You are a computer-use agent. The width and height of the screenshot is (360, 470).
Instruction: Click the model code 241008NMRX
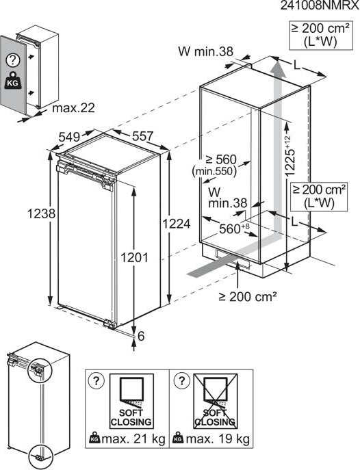320,5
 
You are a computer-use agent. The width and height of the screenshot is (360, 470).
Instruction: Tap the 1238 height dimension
41,213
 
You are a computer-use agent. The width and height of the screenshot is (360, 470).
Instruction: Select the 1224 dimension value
177,224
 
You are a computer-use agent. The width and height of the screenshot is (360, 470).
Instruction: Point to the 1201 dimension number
134,257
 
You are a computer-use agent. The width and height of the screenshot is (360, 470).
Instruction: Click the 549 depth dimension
69,137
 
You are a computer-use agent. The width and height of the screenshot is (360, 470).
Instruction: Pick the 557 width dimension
142,136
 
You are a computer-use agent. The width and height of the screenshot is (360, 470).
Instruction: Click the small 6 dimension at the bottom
141,336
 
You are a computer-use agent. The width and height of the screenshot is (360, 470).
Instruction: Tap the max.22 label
73,108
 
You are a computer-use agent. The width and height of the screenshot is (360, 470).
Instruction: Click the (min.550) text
214,172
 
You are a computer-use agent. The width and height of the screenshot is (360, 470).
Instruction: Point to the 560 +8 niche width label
234,229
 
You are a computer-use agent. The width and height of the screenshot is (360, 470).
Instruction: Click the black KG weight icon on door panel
12,81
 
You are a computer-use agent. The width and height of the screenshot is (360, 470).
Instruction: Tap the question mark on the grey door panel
13,61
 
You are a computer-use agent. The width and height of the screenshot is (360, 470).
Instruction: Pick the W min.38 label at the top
205,51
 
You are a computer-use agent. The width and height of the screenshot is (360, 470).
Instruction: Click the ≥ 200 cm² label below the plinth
248,297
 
